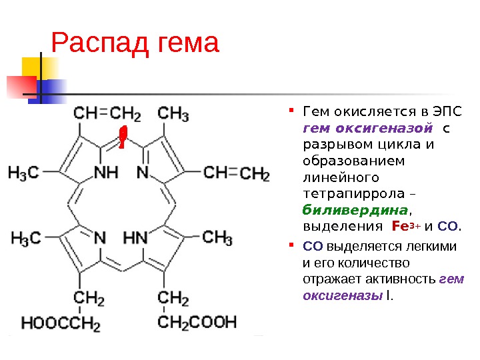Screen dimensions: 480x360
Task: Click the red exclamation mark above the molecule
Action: [x=122, y=135]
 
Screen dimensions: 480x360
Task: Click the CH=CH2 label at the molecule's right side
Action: [x=235, y=174]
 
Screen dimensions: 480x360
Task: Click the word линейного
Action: [x=340, y=177]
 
